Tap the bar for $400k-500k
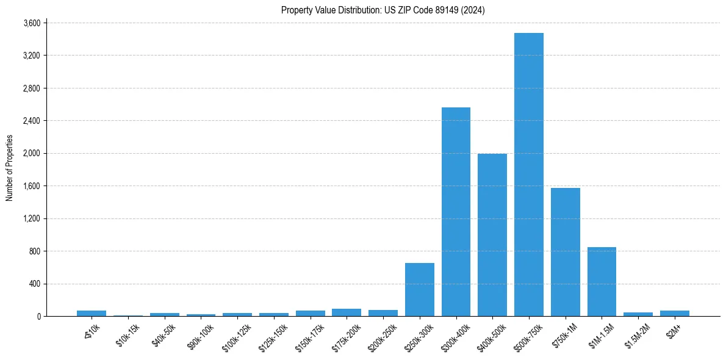coord(492,235)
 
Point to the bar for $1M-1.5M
coord(602,281)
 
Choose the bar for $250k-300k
coord(420,289)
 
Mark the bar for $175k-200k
coord(347,312)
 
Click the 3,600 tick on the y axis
coord(31,23)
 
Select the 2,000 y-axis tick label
coord(31,153)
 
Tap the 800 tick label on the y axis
coord(34,251)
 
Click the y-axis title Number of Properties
coord(10,168)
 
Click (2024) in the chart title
coord(474,10)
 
